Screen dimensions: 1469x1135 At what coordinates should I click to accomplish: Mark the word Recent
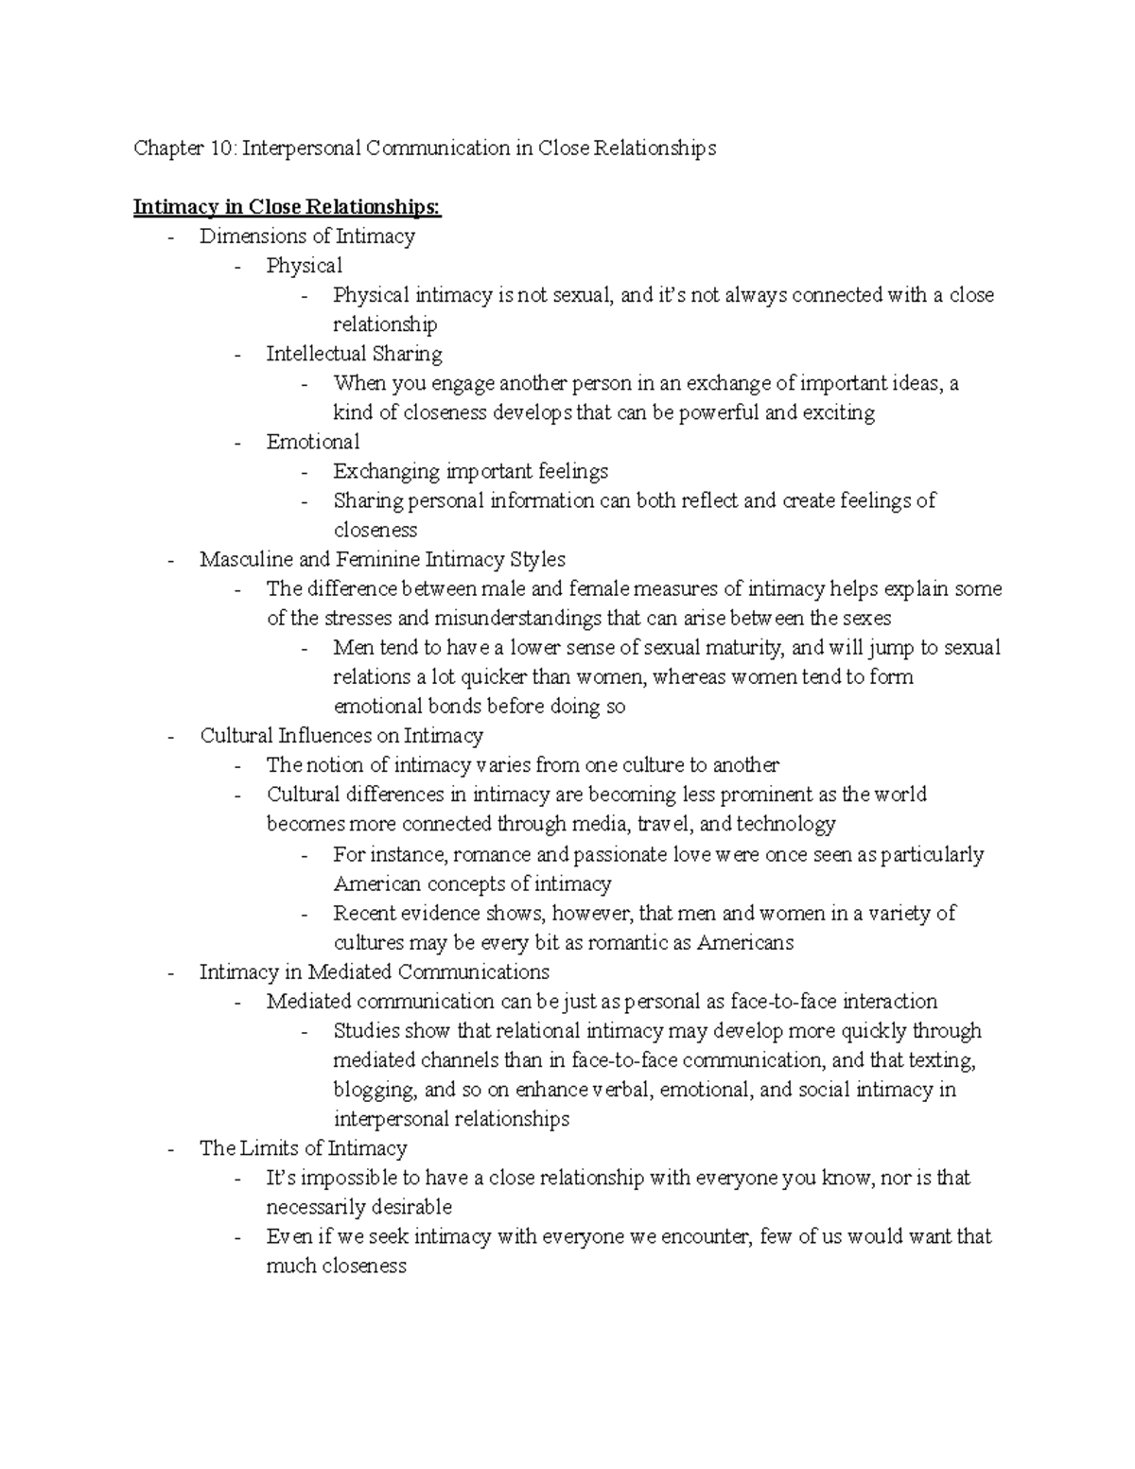364,914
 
